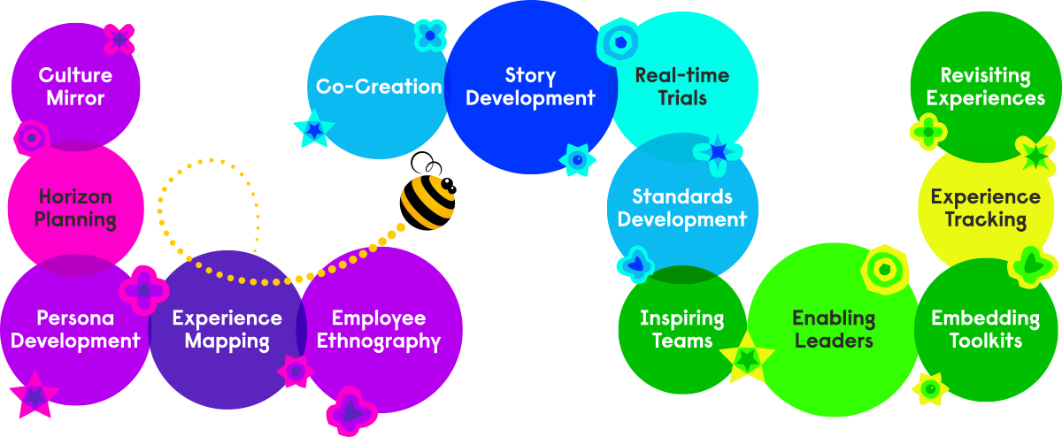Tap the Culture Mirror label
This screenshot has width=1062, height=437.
(x=75, y=86)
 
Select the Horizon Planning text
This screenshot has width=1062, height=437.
(x=77, y=208)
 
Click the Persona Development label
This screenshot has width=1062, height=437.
(x=76, y=329)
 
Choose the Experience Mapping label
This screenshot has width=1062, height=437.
(x=227, y=329)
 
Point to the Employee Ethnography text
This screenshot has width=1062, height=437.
(x=379, y=329)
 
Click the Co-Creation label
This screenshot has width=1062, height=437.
(x=379, y=87)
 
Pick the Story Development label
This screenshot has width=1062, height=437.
(x=530, y=87)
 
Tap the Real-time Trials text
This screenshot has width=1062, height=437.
(x=682, y=87)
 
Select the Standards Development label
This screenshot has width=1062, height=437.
(x=682, y=208)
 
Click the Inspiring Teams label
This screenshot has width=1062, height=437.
(x=682, y=329)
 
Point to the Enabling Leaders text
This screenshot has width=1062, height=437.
(x=834, y=329)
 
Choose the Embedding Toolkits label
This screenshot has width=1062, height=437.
(x=985, y=329)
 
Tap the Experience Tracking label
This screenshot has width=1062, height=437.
(x=985, y=208)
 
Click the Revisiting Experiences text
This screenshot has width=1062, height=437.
(x=985, y=87)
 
